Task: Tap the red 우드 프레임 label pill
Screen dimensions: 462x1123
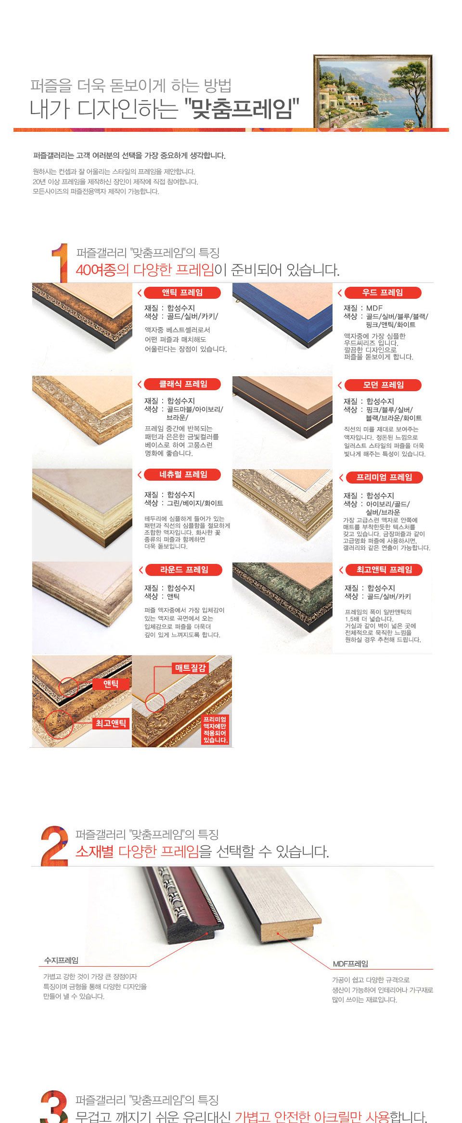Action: [383, 293]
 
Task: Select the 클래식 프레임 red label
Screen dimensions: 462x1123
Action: [182, 384]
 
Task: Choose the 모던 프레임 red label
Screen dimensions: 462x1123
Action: [383, 385]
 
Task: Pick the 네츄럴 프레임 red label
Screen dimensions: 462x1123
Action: [182, 474]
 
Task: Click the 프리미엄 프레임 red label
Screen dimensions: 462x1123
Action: [384, 477]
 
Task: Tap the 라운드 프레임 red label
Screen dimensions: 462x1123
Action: [183, 570]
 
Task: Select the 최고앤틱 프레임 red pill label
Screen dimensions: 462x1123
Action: [384, 570]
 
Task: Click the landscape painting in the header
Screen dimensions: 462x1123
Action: [373, 91]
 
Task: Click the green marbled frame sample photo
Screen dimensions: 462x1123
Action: [282, 608]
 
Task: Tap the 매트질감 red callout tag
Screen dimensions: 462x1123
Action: [190, 668]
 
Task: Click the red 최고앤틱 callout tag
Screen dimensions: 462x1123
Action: [111, 723]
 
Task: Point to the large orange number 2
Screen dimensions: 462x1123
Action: [54, 846]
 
